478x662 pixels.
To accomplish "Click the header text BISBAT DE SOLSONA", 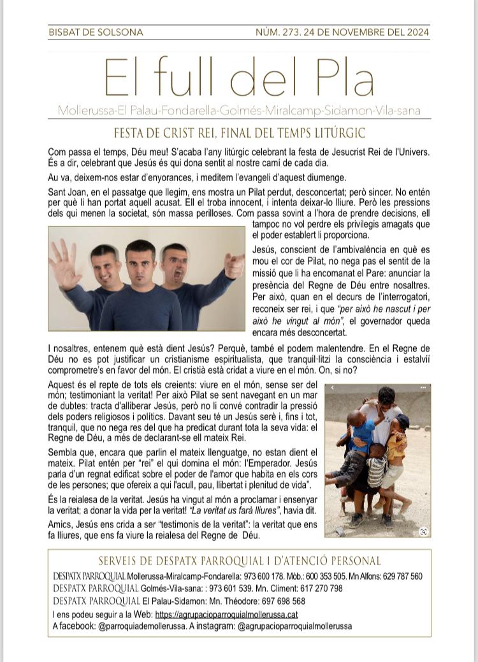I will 96,32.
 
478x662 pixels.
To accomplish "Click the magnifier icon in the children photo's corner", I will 423,531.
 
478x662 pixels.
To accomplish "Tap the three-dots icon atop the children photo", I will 423,388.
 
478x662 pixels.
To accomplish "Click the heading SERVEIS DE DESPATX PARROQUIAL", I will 239,561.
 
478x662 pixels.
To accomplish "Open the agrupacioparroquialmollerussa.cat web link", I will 226,615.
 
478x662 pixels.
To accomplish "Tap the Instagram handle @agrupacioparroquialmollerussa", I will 294,626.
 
